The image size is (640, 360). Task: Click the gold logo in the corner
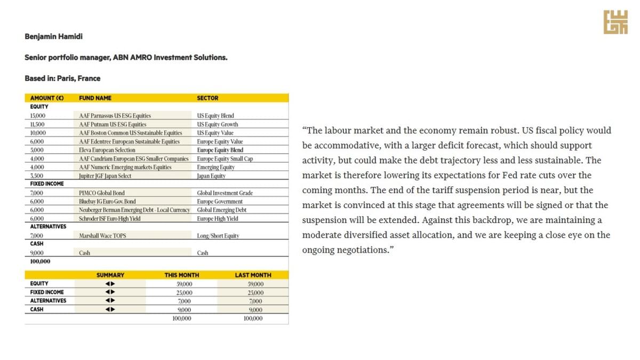point(615,22)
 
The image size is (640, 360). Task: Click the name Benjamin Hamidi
point(53,37)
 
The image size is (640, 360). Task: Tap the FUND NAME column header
point(95,98)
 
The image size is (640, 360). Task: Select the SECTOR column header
point(207,98)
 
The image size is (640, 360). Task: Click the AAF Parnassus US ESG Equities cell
point(115,116)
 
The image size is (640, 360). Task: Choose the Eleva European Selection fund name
point(107,150)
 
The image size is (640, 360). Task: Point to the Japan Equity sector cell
point(211,176)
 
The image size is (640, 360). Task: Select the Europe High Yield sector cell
point(217,219)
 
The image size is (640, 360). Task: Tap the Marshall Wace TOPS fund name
point(102,236)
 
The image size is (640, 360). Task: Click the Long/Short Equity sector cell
point(218,236)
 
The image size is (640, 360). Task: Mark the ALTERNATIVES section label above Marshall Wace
point(48,227)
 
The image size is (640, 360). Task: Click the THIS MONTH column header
point(181,275)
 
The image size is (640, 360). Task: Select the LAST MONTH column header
point(253,275)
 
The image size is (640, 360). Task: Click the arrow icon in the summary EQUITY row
point(110,284)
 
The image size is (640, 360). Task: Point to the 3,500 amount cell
point(37,176)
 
